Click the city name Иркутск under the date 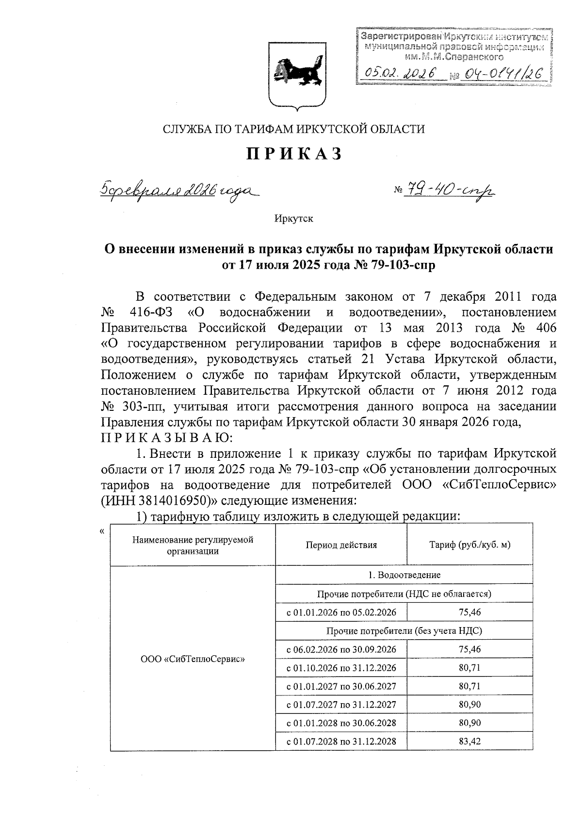pyautogui.click(x=293, y=219)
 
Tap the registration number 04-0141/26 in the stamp pyautogui.click(x=502, y=74)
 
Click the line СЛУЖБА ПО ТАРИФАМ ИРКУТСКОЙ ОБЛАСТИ pyautogui.click(x=293, y=129)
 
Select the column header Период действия pyautogui.click(x=341, y=545)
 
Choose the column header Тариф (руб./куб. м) pyautogui.click(x=469, y=545)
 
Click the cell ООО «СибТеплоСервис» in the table pyautogui.click(x=193, y=659)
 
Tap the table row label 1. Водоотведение pyautogui.click(x=404, y=575)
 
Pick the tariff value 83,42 pyautogui.click(x=469, y=742)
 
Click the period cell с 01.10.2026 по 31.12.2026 pyautogui.click(x=341, y=668)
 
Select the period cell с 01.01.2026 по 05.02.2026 pyautogui.click(x=341, y=612)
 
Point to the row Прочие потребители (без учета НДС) pyautogui.click(x=404, y=631)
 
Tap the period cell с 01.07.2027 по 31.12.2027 pyautogui.click(x=341, y=705)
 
